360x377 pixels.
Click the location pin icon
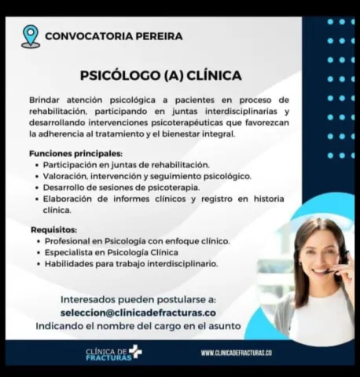(31, 35)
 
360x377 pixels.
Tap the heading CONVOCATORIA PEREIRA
(114, 36)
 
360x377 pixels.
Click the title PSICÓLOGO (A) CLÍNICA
(160, 76)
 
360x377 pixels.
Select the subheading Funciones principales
(75, 153)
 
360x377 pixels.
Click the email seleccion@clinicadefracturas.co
(138, 312)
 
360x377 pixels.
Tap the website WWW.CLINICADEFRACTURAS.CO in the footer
(236, 353)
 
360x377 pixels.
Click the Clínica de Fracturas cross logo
(135, 351)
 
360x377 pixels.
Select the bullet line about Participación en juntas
(126, 165)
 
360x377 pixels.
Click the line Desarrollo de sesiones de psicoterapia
(121, 188)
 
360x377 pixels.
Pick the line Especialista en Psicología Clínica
(111, 252)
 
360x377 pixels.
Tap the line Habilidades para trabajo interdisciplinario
(130, 264)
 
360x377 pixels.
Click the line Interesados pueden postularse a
(138, 299)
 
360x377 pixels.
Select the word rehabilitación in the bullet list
(182, 165)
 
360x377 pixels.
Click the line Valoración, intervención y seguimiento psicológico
(146, 177)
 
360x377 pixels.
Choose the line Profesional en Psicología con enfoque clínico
(137, 240)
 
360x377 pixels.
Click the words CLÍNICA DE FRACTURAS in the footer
(106, 353)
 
